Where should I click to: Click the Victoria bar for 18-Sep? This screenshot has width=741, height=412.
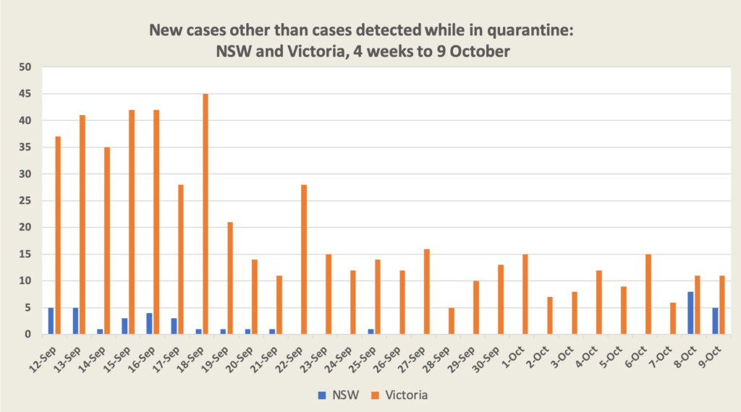[x=206, y=214]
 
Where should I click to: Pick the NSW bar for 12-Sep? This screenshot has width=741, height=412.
[x=51, y=320]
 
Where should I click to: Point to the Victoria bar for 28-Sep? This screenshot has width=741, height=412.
[x=451, y=321]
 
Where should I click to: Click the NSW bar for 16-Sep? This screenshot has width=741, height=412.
[x=148, y=323]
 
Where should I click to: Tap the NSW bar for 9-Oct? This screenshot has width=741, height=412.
[x=715, y=320]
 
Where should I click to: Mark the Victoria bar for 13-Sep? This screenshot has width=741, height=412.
[x=83, y=225]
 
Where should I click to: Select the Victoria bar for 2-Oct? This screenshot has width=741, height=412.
[x=549, y=315]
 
